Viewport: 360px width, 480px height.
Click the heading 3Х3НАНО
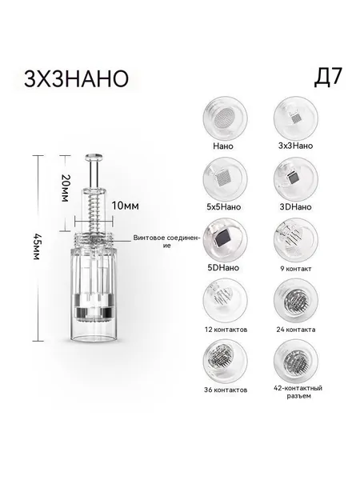click(76, 79)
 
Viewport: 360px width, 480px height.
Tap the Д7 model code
click(327, 78)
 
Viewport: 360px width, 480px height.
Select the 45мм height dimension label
click(37, 246)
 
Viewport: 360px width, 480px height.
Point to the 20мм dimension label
click(65, 188)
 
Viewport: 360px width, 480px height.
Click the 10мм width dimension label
click(125, 206)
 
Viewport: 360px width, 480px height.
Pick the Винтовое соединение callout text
click(167, 242)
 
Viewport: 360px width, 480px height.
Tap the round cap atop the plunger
click(94, 158)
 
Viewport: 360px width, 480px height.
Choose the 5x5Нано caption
click(224, 207)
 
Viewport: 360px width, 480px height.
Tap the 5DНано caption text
click(223, 267)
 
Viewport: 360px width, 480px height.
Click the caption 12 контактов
click(226, 330)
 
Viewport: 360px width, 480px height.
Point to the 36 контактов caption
click(226, 390)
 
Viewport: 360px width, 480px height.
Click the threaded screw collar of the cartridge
click(94, 240)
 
